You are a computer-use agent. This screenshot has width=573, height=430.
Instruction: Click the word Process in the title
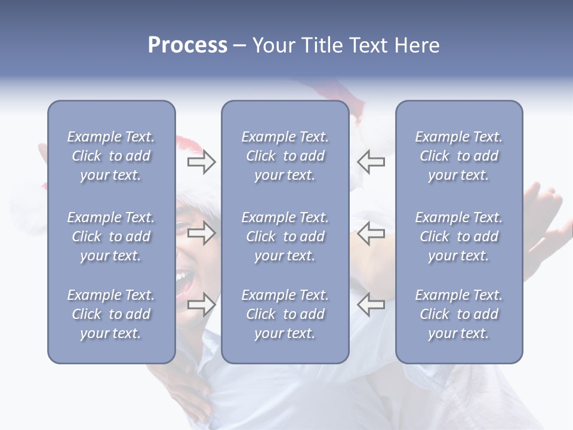point(187,45)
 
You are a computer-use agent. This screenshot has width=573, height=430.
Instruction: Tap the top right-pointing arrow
point(201,162)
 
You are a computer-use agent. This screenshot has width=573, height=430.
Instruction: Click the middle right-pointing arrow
point(201,233)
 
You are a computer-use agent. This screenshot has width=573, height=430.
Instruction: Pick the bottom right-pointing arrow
point(201,304)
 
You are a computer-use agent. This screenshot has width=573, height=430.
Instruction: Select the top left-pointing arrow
point(371,162)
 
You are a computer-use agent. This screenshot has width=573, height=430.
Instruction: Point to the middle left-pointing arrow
point(371,233)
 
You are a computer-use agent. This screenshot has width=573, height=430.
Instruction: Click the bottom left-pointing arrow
point(371,304)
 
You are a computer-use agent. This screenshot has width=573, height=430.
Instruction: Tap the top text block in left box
point(111,156)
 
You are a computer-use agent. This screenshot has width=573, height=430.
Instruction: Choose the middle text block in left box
point(111,236)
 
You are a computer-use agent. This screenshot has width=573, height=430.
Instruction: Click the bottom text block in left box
point(111,314)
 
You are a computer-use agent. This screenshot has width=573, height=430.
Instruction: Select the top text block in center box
point(285,156)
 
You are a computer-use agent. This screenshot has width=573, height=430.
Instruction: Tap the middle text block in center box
point(285,236)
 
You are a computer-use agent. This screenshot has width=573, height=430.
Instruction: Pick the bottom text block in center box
point(285,314)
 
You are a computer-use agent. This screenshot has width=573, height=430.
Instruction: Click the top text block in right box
point(458,156)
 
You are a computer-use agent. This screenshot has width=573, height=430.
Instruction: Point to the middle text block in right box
point(458,236)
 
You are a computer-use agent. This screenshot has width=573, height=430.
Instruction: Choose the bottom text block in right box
point(458,314)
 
